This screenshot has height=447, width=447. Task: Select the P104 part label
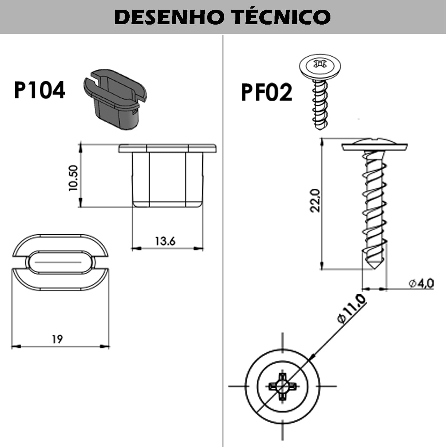(x=39, y=90)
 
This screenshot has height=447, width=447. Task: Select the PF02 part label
(x=266, y=92)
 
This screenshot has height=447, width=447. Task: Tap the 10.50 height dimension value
(x=73, y=178)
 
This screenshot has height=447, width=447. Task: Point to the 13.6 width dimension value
(x=165, y=241)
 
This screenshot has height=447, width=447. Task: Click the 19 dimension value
(x=57, y=339)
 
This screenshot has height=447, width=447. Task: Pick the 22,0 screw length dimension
(x=316, y=200)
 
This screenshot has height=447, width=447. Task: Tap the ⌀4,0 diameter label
(x=421, y=283)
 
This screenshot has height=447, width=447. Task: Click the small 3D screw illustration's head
(x=320, y=66)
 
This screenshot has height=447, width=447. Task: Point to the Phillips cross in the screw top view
(x=282, y=386)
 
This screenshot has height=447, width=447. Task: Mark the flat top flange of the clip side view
(x=168, y=148)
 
